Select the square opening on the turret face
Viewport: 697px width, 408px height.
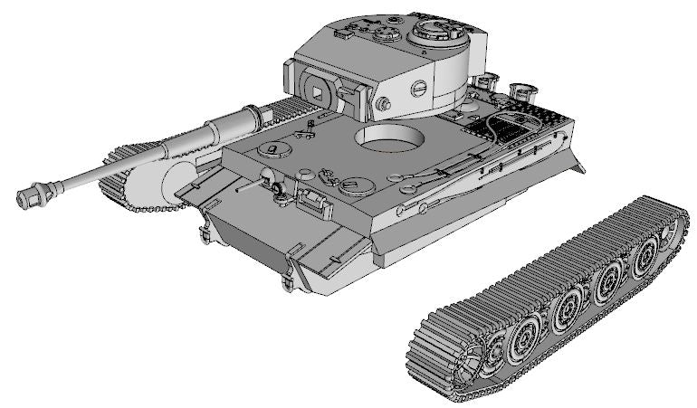(x=318, y=87)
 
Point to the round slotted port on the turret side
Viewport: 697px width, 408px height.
(x=419, y=89)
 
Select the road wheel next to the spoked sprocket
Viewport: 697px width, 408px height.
(x=523, y=337)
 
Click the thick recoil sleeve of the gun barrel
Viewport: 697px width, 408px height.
(x=234, y=123)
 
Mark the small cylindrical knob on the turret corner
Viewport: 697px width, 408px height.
(x=383, y=105)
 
